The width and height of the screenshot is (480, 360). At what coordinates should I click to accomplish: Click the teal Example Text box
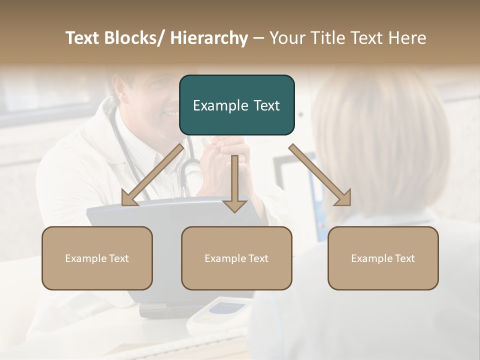click(x=236, y=105)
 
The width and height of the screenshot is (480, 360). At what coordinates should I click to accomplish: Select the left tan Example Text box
click(x=97, y=258)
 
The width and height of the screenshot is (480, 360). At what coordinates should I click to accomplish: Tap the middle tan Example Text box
click(x=236, y=258)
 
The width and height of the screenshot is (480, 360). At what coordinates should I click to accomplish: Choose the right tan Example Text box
click(x=383, y=258)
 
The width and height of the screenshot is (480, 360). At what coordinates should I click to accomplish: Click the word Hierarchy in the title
click(x=209, y=38)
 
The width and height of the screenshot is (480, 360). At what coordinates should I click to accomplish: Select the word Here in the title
click(x=408, y=38)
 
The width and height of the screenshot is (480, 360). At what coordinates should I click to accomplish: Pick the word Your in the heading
click(x=287, y=38)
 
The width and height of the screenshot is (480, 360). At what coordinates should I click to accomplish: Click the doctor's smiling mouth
click(x=170, y=114)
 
